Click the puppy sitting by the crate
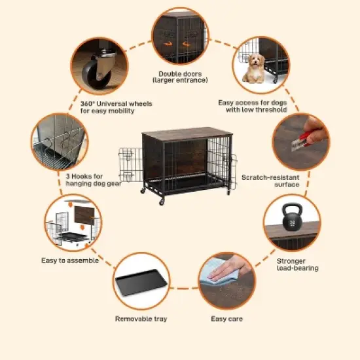click(254, 69)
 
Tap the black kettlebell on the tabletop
click(292, 218)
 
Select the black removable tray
click(141, 282)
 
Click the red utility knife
click(302, 140)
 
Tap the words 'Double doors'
click(180, 74)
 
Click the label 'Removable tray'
click(141, 319)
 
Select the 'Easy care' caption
click(227, 319)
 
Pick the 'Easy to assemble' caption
click(70, 261)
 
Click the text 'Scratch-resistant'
click(270, 177)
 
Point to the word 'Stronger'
click(291, 261)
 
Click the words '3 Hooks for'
click(84, 176)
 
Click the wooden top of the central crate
click(187, 134)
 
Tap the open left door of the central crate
click(130, 164)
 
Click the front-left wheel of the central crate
click(162, 202)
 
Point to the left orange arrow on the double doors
click(168, 43)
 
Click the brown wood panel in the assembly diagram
click(84, 215)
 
